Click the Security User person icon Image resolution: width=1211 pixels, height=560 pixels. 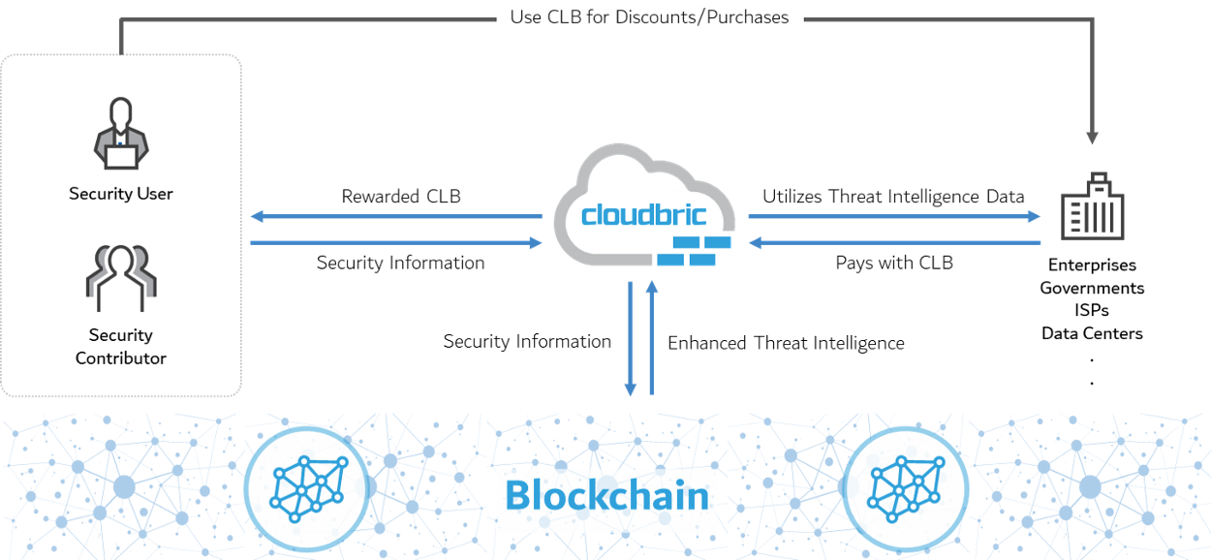coord(121,135)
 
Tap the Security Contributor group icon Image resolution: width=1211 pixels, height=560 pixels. coord(121,277)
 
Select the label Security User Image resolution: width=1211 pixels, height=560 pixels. coord(121,194)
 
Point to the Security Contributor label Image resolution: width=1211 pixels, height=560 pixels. coord(121,347)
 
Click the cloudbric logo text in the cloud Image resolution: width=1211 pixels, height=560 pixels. coord(644,214)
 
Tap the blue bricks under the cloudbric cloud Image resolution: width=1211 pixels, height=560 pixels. coord(694,250)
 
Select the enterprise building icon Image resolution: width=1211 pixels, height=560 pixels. coord(1093,207)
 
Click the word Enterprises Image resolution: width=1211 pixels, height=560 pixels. coord(1092,265)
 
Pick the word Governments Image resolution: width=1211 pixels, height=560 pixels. coord(1092,288)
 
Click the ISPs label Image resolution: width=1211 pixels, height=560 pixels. coord(1092,310)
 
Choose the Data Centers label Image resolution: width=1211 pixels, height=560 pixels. coord(1092,333)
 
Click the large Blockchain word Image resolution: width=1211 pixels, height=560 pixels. coord(607,496)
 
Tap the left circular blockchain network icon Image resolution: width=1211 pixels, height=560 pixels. coord(307,485)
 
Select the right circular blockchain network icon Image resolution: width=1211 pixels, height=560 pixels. coord(905,485)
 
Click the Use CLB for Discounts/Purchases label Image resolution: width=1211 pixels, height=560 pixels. coord(649,17)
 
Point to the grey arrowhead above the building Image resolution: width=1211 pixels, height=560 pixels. coord(1092,139)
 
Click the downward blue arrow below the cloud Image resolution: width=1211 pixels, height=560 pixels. coord(631,339)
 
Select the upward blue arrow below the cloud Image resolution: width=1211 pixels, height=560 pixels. coord(652,339)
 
